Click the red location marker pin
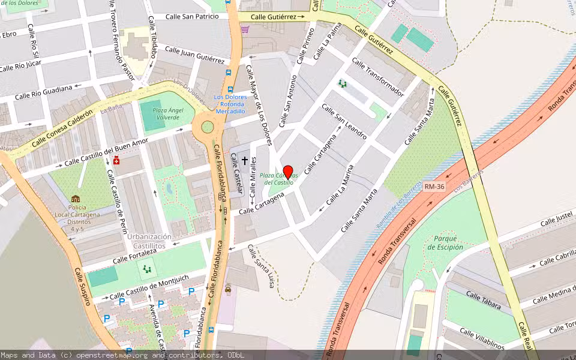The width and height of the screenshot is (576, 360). [287, 172]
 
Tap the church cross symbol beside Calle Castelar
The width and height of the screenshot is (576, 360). [245, 161]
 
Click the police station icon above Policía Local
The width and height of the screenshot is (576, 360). [75, 199]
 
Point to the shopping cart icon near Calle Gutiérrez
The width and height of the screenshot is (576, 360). [245, 28]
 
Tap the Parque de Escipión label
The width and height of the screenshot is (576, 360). [445, 242]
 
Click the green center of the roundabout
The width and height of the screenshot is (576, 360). [208, 127]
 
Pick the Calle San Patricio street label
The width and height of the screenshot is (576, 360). [192, 17]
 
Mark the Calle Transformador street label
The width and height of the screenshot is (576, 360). [378, 77]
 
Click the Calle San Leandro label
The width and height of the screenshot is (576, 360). [344, 121]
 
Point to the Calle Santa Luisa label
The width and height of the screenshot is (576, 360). [264, 266]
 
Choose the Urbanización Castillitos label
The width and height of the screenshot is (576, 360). [149, 241]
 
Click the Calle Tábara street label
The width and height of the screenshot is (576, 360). [484, 300]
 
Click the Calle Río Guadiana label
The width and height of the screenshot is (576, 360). [43, 92]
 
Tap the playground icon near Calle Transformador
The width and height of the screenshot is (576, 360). [342, 84]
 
